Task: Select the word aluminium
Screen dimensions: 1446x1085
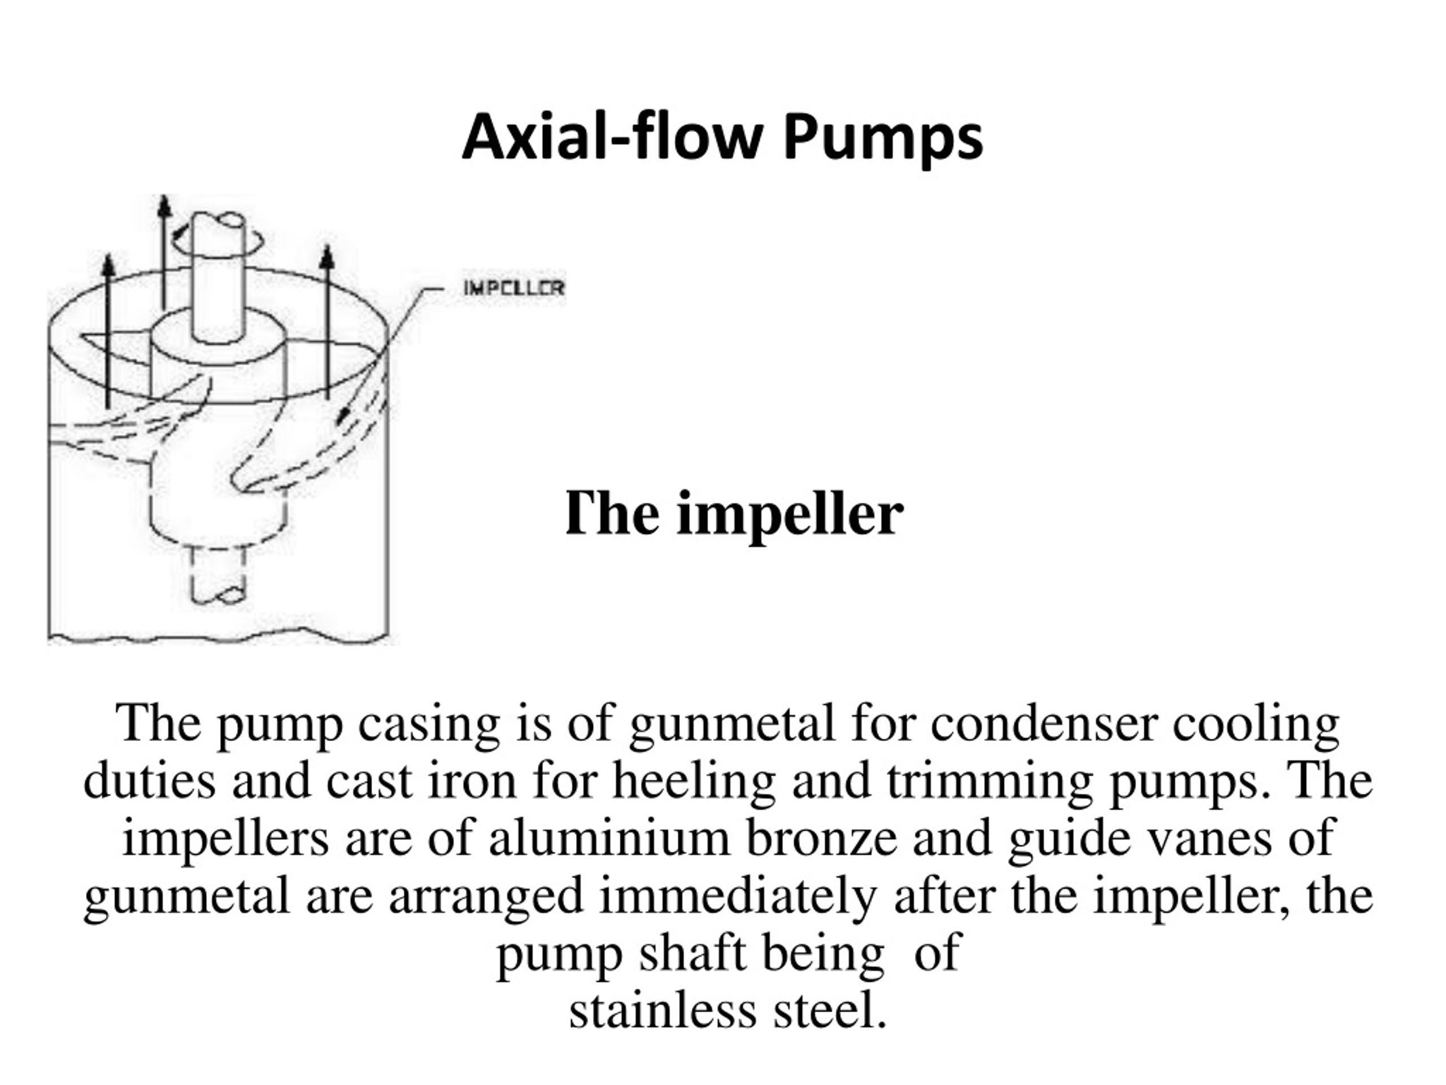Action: pyautogui.click(x=608, y=839)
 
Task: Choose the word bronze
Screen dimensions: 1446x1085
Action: pyautogui.click(x=822, y=839)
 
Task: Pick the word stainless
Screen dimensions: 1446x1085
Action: pyautogui.click(x=663, y=1010)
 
